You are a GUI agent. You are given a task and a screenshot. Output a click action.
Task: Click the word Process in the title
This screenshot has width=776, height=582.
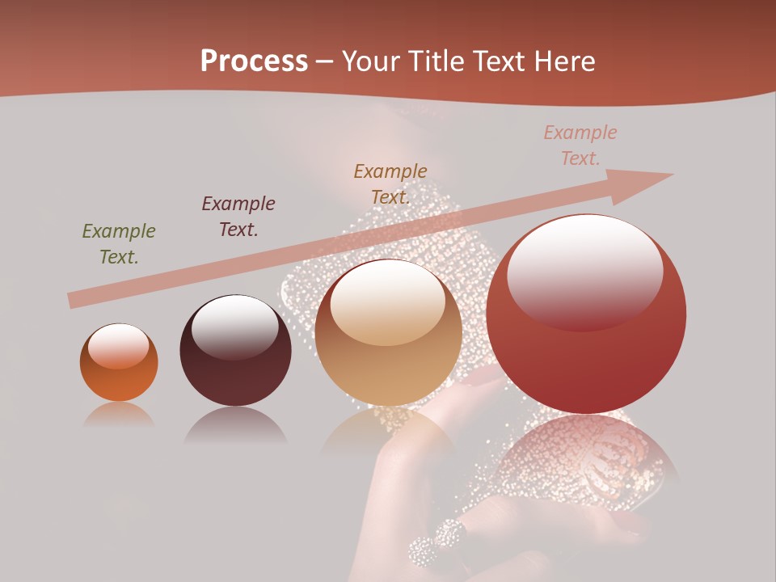(254, 61)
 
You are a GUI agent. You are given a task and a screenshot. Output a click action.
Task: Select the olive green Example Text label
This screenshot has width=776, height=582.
(119, 244)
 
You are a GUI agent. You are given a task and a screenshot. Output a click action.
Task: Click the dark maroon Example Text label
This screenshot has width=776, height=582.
(238, 217)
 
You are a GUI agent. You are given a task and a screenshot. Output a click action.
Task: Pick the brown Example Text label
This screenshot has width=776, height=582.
(390, 184)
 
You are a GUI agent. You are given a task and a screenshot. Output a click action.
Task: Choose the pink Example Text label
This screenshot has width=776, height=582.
(580, 145)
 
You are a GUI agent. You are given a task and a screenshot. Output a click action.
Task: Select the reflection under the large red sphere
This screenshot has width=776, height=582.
(586, 461)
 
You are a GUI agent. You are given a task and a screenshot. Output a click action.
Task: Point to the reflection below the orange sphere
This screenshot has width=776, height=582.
(119, 415)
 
